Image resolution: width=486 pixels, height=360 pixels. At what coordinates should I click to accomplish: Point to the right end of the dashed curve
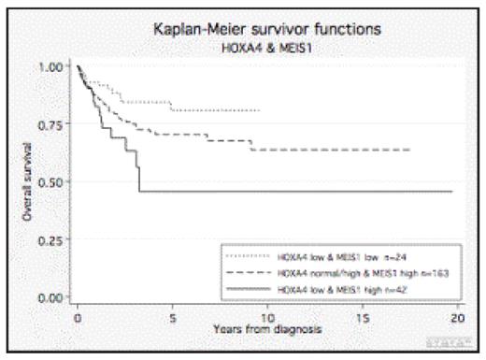pos(410,150)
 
